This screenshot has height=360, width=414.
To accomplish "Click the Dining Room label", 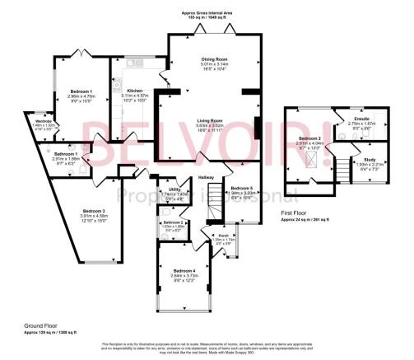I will (x=214, y=60).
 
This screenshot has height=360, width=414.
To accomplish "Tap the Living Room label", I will (x=212, y=120).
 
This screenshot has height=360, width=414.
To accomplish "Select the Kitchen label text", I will (x=135, y=89).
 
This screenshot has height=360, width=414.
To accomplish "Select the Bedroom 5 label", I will (x=244, y=189).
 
